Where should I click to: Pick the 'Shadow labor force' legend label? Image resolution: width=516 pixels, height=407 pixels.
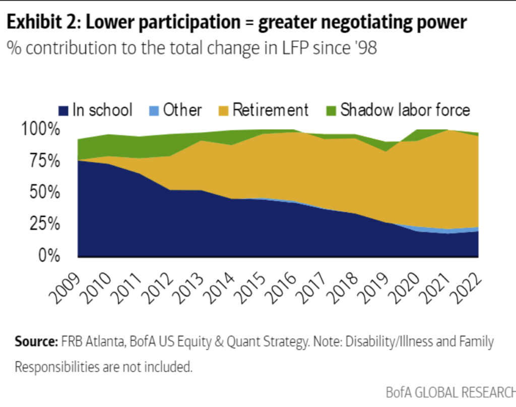point(405,110)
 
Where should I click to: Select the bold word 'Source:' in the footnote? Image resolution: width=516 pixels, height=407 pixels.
point(36,342)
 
